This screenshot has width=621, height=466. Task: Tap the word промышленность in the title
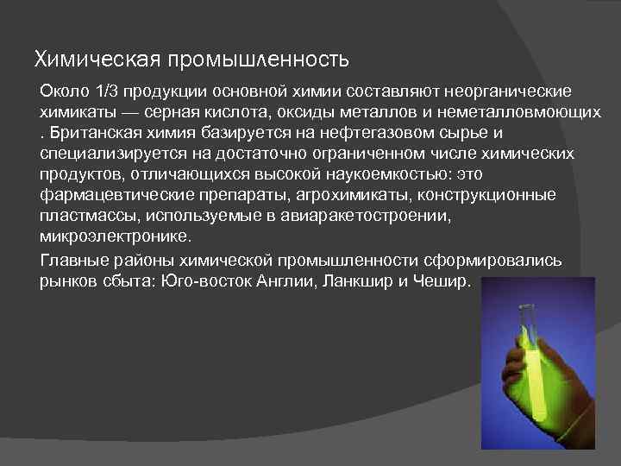(258, 60)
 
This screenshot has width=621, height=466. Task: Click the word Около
(62, 91)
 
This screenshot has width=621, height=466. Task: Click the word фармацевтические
(111, 196)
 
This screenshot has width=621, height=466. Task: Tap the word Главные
(74, 261)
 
